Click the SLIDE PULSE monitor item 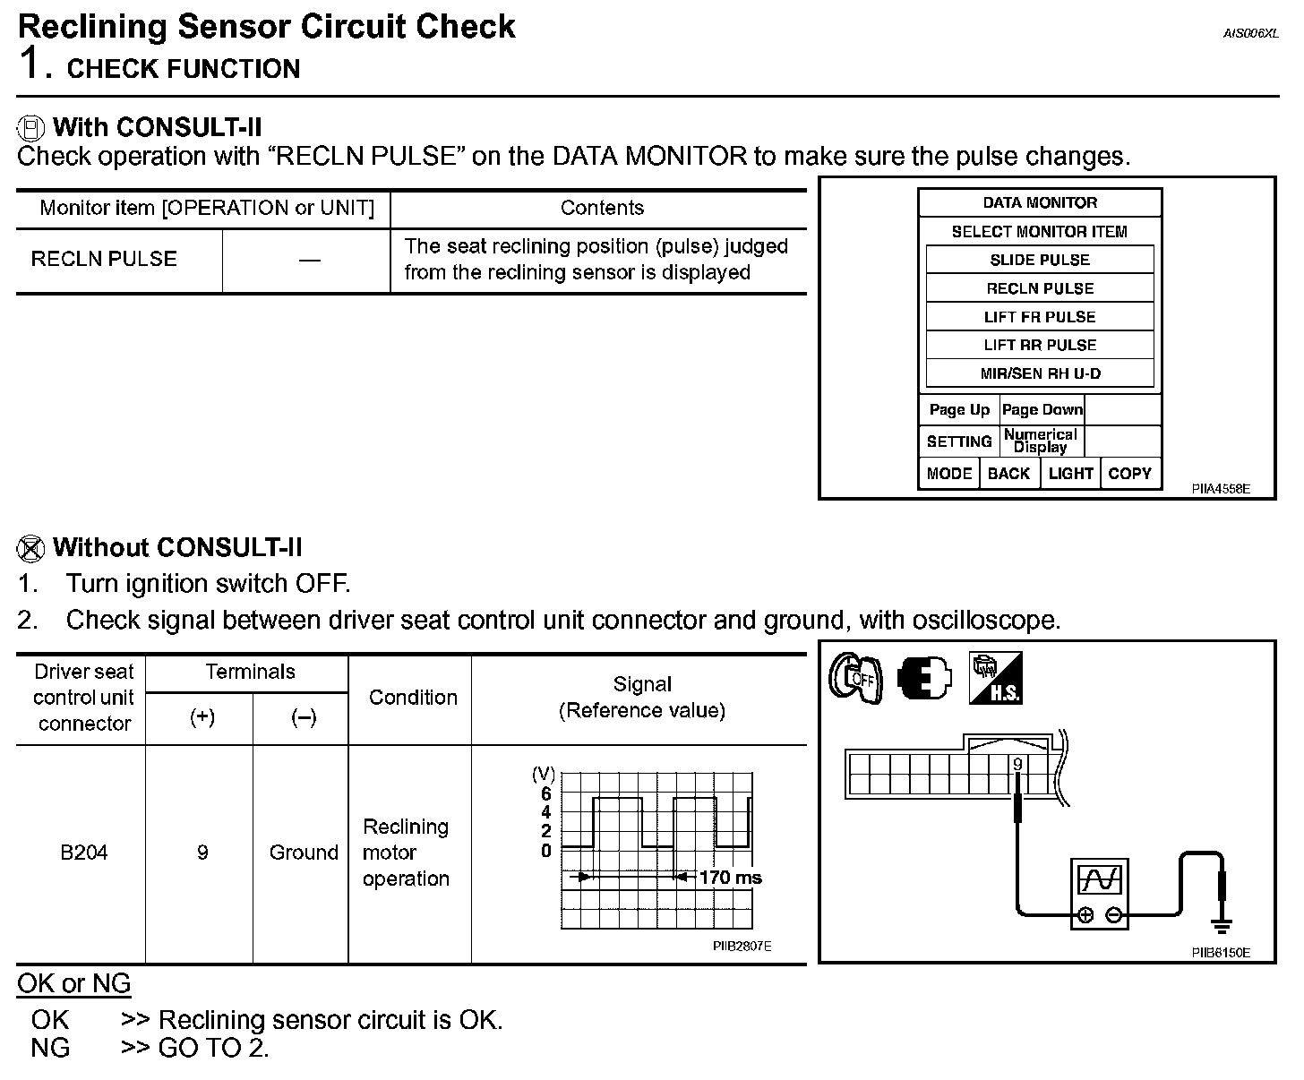(x=1039, y=260)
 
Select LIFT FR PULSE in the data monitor (x=1039, y=317)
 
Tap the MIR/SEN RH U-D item (x=1039, y=373)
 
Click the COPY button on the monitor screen (x=1129, y=474)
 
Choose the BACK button (x=1008, y=474)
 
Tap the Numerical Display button (x=1041, y=441)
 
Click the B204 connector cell (x=83, y=853)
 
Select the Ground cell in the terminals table (x=304, y=853)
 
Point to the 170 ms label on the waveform (x=730, y=878)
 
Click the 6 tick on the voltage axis (x=546, y=794)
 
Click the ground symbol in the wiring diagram (x=1221, y=924)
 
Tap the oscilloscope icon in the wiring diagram (x=1100, y=894)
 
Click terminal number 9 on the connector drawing (x=1017, y=765)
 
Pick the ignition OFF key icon (x=855, y=678)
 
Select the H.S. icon (x=995, y=678)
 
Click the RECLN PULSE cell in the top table (x=104, y=260)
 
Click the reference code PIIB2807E (x=742, y=946)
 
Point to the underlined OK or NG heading (x=73, y=983)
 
